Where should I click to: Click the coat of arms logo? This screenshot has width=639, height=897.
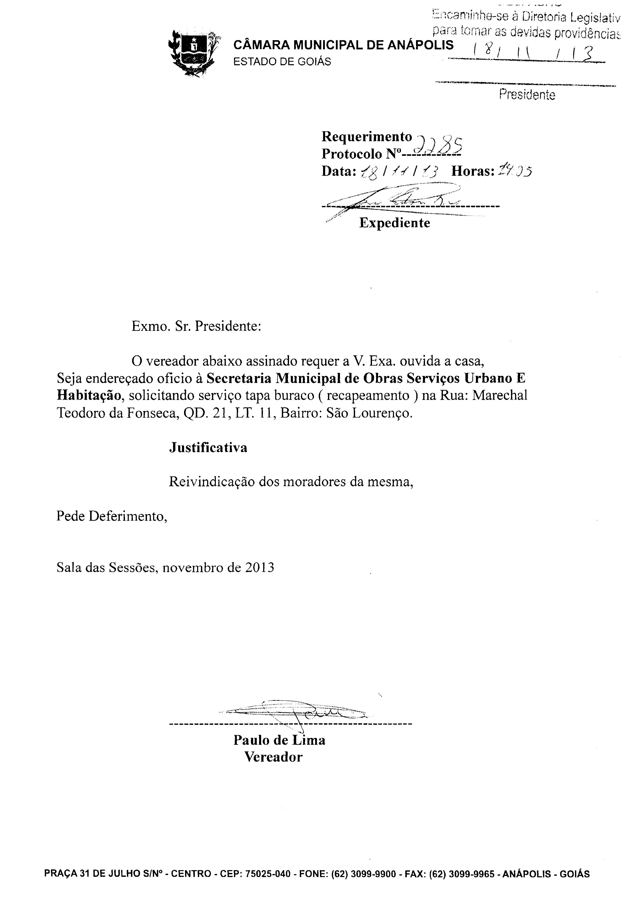click(x=194, y=53)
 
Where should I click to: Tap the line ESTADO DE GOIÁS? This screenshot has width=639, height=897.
click(x=282, y=62)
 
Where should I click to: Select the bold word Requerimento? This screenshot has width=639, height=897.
click(x=367, y=136)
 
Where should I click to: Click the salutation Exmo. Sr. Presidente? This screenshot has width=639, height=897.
click(x=196, y=326)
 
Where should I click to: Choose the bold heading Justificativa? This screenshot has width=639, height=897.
click(x=208, y=447)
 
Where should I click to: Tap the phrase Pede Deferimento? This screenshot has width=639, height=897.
click(x=112, y=516)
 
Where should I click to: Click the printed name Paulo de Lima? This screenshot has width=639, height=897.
click(x=279, y=740)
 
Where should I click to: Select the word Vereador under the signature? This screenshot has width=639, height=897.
click(x=273, y=757)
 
